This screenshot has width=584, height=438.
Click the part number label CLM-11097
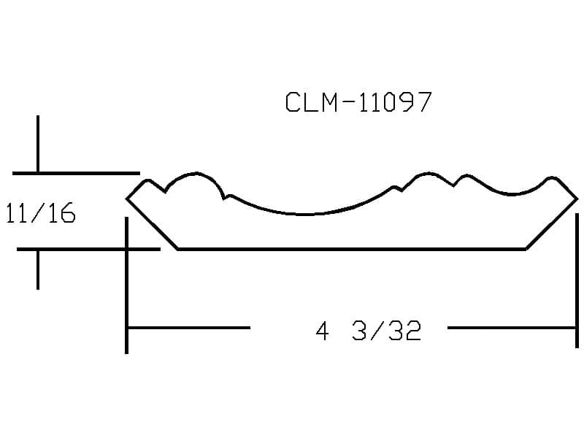[358, 102]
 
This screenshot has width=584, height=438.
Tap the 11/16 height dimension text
[41, 213]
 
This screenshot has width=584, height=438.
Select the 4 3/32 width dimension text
[369, 331]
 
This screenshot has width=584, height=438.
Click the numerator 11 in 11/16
[17, 213]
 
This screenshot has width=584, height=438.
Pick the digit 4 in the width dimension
[322, 331]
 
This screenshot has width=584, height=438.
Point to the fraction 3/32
[387, 331]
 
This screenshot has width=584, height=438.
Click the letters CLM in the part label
[312, 102]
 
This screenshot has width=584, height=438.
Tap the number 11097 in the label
[395, 102]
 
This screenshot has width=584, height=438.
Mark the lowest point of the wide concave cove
[305, 215]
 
